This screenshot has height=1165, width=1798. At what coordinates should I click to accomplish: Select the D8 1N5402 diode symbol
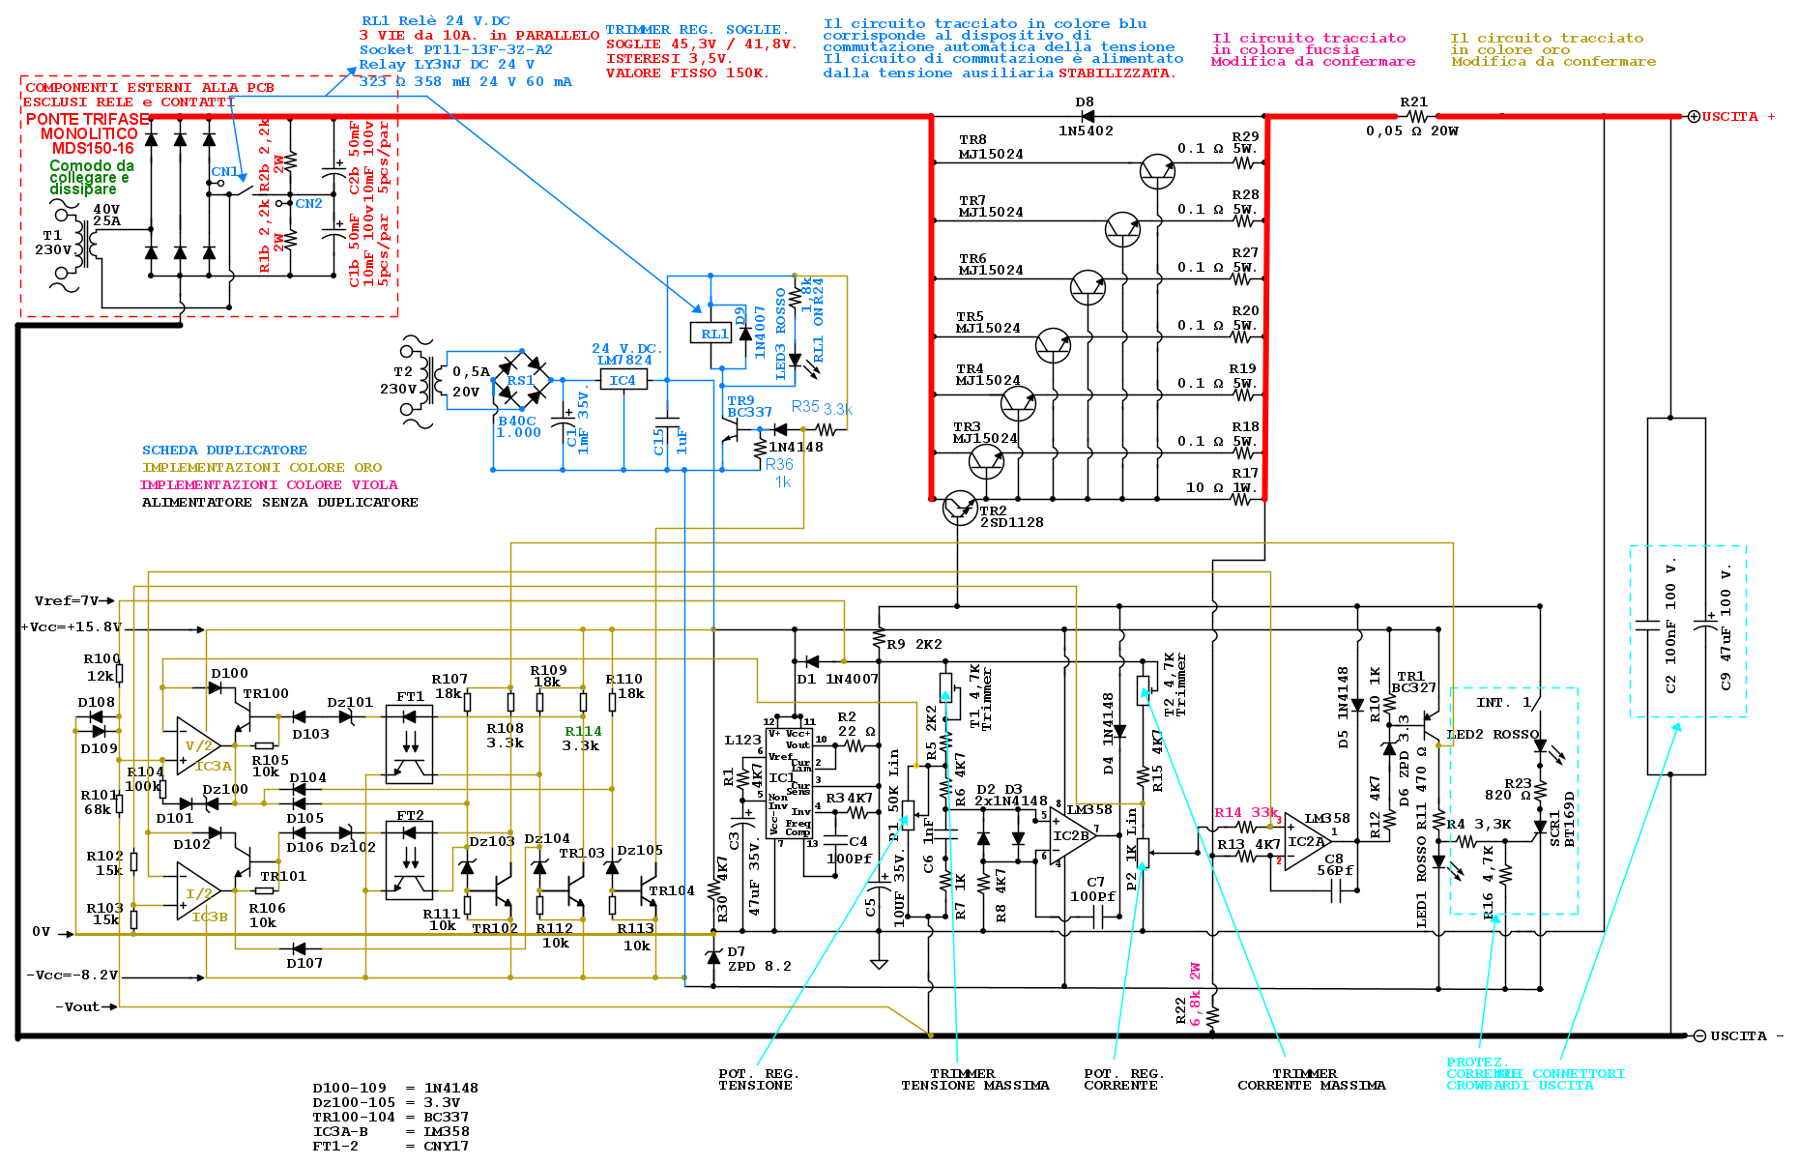tap(1087, 117)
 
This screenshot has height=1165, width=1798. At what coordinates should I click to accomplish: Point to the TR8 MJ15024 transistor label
tap(990, 147)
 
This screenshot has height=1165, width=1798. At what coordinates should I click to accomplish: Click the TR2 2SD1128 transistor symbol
tap(959, 507)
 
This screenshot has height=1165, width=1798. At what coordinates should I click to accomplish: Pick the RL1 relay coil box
tap(713, 334)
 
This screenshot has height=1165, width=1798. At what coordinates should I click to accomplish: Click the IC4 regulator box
tap(623, 380)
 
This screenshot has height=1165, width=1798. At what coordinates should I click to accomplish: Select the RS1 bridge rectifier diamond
tap(522, 380)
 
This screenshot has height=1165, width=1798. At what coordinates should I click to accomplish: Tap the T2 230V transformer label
tap(400, 380)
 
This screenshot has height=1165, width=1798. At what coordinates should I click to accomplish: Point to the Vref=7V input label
tap(68, 600)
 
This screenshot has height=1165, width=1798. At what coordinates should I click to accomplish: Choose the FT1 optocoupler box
tap(409, 744)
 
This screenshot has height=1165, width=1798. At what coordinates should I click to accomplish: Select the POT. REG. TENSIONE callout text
tap(758, 1080)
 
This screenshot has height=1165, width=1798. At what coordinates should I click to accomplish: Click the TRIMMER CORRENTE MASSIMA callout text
tap(1311, 1080)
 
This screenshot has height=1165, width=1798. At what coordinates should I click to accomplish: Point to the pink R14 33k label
tap(1245, 813)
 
